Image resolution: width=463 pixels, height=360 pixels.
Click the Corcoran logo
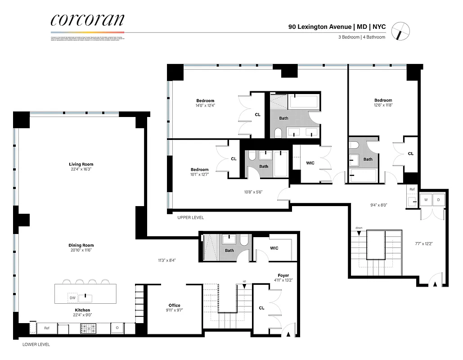[87, 20]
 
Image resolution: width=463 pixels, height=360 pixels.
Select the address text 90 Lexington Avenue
[320, 27]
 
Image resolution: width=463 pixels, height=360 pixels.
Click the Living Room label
[81, 164]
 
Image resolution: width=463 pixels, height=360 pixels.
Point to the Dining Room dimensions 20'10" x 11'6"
[81, 250]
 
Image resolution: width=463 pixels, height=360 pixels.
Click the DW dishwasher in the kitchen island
[72, 297]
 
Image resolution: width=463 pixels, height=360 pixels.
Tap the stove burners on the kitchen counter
[85, 328]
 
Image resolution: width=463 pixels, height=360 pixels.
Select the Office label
[175, 305]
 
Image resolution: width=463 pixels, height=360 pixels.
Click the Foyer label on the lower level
[283, 275]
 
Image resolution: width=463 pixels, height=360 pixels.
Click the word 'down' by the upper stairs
[359, 228]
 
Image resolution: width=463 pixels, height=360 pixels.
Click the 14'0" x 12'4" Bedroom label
[205, 100]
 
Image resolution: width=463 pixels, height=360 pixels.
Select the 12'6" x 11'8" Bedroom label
[383, 100]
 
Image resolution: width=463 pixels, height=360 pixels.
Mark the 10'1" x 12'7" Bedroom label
[199, 170]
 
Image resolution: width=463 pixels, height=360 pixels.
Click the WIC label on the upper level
[310, 163]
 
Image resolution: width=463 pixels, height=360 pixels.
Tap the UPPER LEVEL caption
[191, 218]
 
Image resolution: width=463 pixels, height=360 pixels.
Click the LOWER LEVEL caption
[36, 345]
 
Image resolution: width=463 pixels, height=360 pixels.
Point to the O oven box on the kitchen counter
[117, 328]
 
